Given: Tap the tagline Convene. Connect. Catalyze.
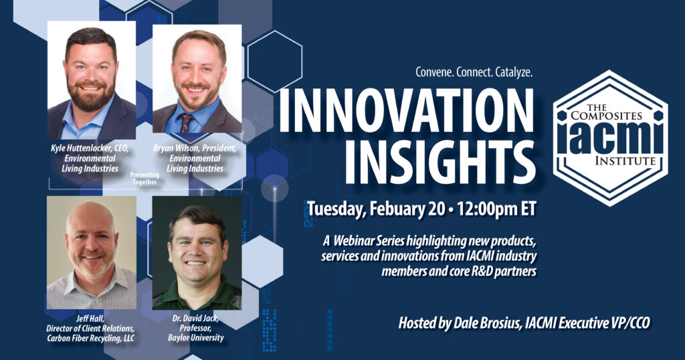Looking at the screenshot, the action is click(474, 72).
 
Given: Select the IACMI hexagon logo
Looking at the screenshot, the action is click(610, 138).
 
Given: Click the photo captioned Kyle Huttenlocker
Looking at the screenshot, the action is click(91, 80).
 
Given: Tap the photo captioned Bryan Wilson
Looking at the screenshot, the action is click(197, 79).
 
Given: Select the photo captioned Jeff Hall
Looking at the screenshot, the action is click(91, 252).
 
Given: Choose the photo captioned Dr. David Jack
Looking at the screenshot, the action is click(197, 253).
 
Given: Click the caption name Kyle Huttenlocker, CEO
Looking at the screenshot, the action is click(90, 148).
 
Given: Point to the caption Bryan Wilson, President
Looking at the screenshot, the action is click(195, 148).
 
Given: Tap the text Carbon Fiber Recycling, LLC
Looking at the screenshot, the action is click(91, 338).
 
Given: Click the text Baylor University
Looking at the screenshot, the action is click(196, 337).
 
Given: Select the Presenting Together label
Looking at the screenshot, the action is click(144, 178).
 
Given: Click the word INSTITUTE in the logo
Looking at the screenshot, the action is click(625, 161).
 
